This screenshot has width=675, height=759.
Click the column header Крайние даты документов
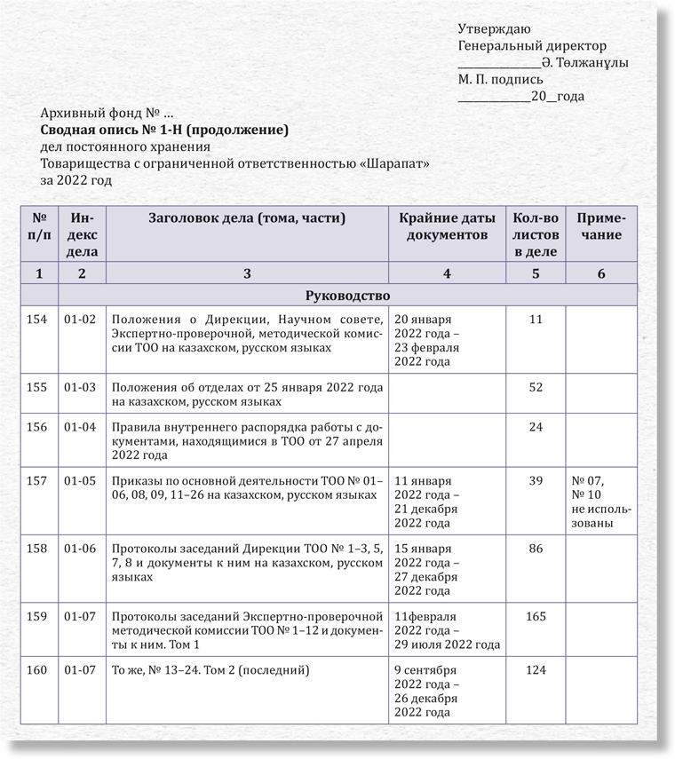447,226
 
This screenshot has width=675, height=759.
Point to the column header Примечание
601,226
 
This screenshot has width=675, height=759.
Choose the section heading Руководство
347,295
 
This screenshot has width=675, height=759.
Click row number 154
37,319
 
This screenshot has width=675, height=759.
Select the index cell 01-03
80,387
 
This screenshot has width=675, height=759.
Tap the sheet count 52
536,387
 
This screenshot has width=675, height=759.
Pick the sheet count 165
536,615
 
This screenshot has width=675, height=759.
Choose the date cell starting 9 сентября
426,691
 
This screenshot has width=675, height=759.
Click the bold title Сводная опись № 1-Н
165,130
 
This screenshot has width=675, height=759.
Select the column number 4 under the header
447,273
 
